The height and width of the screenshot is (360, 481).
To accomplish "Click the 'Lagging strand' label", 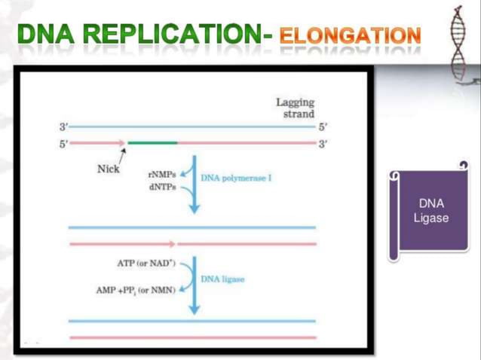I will tap(296, 108).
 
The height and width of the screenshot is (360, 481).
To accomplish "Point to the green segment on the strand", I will tap(152, 142).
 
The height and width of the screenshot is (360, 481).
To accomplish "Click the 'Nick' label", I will tap(109, 169).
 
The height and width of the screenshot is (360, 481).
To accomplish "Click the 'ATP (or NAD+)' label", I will tap(146, 263).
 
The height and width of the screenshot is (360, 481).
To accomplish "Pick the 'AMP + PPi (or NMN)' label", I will tap(136, 289).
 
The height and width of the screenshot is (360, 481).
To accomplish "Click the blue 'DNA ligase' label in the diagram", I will tap(222, 279).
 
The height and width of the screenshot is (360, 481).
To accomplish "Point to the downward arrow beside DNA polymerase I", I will tap(194, 185).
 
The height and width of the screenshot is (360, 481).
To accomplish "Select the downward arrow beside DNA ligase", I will tap(194, 286).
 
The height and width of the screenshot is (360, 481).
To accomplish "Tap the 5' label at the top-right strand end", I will tap(323, 127).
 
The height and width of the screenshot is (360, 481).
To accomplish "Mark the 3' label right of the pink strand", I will tap(323, 142).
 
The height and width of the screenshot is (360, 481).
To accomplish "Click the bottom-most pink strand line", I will tap(192, 337).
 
